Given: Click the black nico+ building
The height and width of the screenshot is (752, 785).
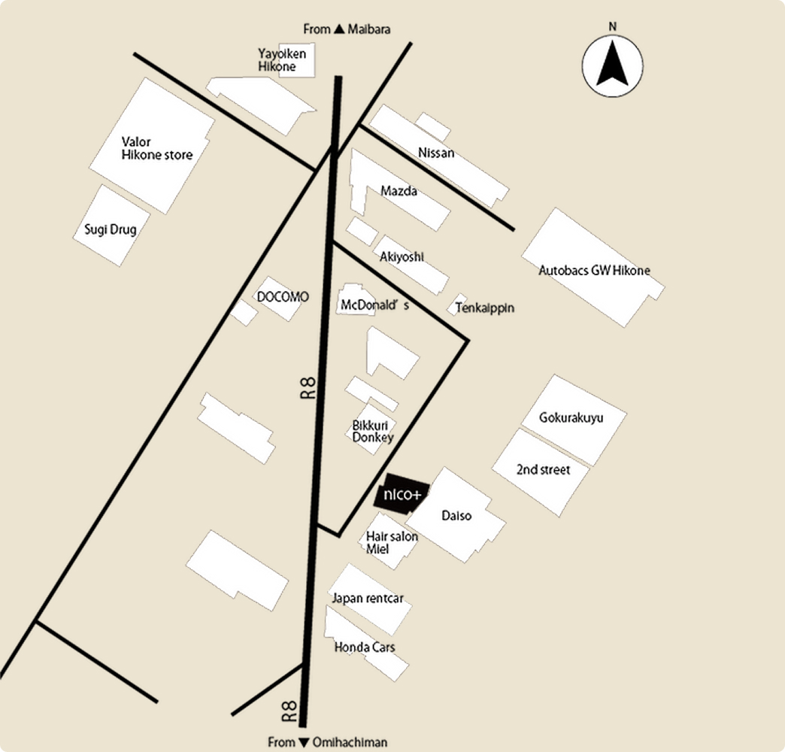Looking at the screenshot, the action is tap(402, 493).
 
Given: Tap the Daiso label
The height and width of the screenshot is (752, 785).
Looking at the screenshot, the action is tap(456, 515).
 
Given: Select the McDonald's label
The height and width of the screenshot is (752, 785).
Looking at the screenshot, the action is tap(374, 305).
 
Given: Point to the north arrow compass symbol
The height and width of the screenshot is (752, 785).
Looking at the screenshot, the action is tap(612, 65).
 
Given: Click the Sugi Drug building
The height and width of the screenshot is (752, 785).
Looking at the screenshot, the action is tap(111, 226).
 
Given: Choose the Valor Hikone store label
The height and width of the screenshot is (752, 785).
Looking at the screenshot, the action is tap(156, 148).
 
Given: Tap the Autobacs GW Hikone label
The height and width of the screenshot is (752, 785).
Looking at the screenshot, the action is tap(594, 271).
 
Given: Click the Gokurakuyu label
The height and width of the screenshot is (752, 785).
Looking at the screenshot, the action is tap(571, 417).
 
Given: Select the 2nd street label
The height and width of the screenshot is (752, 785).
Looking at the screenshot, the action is tap(543, 470).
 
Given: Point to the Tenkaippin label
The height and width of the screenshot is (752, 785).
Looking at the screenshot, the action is tap(485, 308).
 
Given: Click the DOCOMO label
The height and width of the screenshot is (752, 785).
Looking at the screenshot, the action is tap(283, 297).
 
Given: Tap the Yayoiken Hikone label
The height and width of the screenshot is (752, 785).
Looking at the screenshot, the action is tap(282, 60).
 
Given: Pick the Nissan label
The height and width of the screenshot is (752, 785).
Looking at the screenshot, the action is tap(436, 153).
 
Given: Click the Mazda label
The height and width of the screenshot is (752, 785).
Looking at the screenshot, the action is tap(399, 191).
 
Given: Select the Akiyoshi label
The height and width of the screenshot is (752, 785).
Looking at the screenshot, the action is tap(402, 257).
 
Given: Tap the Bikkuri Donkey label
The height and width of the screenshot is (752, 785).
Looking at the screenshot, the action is tap(373, 431).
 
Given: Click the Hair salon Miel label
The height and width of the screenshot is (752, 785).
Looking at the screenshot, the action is tap(392, 543).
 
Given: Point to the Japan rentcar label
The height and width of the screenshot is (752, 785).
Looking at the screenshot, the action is tap(368, 599).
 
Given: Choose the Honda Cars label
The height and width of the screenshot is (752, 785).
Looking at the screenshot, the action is tap(365, 647).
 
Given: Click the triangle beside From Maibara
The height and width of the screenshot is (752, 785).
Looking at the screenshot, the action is tap(339, 29).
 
